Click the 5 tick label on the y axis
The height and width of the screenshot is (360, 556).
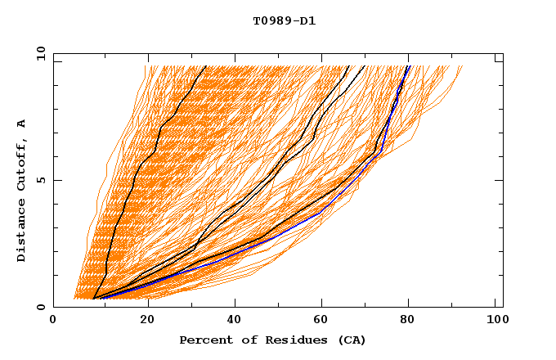(39, 180)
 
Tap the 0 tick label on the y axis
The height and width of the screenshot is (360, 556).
(39, 307)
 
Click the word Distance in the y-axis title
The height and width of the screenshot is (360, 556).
(22, 230)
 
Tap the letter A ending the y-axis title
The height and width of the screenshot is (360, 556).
(22, 123)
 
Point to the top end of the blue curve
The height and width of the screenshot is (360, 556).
(409, 66)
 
